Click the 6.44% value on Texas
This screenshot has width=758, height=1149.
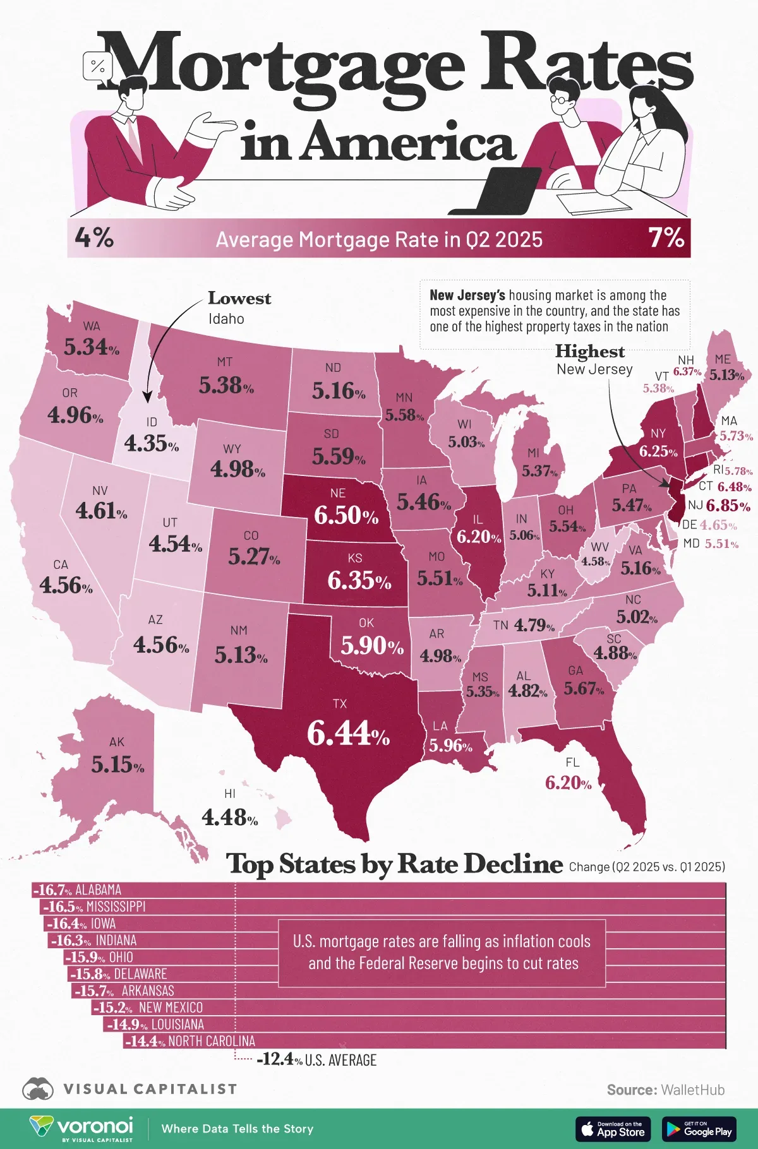tap(348, 734)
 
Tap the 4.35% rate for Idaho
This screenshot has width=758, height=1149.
tap(151, 443)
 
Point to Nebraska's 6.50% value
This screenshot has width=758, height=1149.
tap(346, 515)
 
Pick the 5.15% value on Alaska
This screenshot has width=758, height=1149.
tap(117, 765)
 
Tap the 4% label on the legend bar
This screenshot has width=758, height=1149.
tap(94, 238)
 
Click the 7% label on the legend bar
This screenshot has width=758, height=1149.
tap(666, 238)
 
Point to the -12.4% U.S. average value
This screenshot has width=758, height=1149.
tap(280, 1060)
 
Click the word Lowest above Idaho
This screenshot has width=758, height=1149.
tap(239, 298)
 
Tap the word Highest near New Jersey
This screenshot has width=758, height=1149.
tap(589, 351)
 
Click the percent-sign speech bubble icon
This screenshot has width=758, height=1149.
tap(98, 66)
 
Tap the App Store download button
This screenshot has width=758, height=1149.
tap(613, 1129)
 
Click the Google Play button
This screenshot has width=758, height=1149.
tap(699, 1129)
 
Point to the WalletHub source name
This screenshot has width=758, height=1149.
tap(692, 1090)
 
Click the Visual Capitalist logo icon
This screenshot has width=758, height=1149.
tap(38, 1089)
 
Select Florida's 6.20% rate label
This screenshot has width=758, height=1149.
tap(568, 783)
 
